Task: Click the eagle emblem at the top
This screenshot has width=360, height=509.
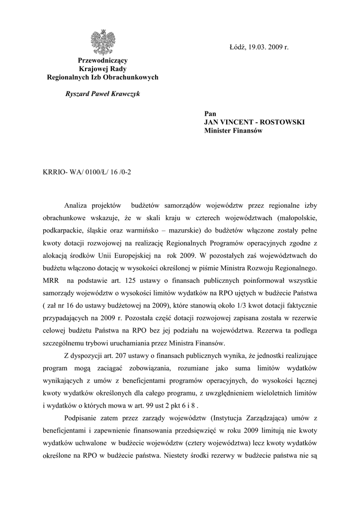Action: click(x=102, y=42)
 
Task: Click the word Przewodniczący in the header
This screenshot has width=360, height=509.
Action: click(x=102, y=60)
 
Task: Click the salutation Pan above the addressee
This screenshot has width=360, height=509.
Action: click(x=210, y=114)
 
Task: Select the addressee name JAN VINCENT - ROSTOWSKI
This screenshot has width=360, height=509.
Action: click(x=254, y=122)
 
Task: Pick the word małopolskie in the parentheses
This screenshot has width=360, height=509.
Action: click(x=297, y=218)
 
